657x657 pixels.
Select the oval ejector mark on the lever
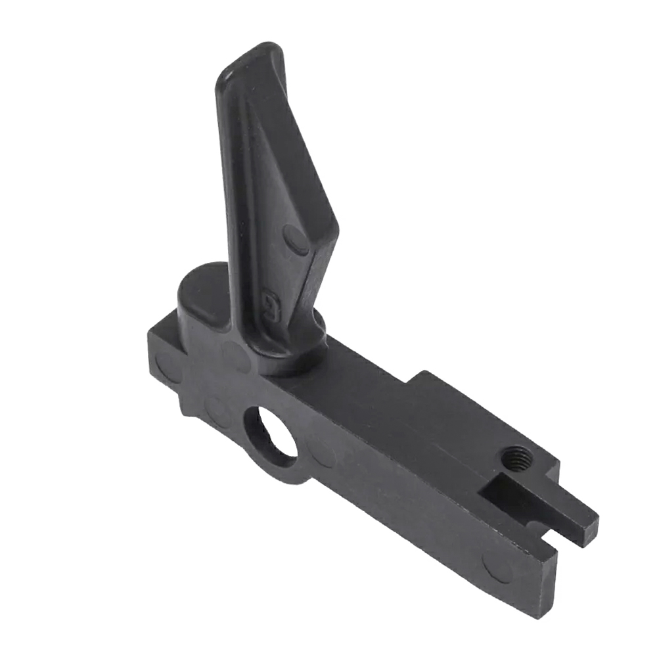(x=296, y=240)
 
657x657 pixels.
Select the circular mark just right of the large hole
(x=322, y=453)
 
